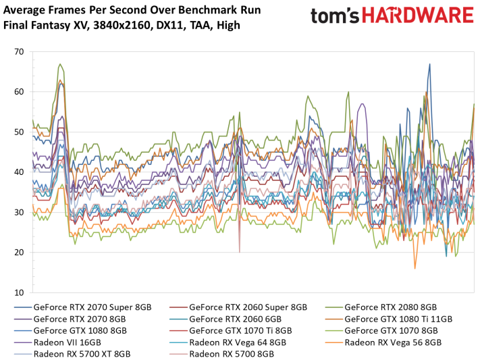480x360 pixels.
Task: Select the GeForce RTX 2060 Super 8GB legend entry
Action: (x=236, y=307)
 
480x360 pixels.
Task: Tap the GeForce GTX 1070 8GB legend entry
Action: (x=382, y=330)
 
